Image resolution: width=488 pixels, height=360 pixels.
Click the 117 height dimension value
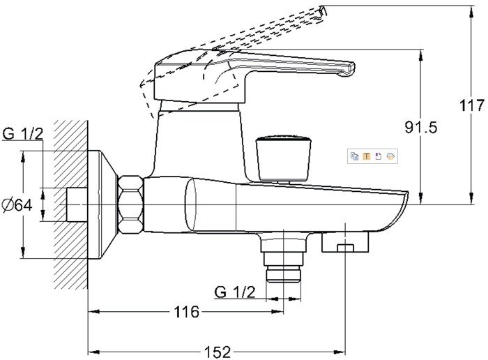point(472,106)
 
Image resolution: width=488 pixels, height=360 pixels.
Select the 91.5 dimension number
point(421,128)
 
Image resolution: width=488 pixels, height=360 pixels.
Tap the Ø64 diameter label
point(17,205)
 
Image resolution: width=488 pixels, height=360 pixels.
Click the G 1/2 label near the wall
point(22,134)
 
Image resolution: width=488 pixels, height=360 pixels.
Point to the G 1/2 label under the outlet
point(235,292)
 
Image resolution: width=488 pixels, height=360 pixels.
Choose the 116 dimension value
point(186,312)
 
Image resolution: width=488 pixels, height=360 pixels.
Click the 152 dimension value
point(218,352)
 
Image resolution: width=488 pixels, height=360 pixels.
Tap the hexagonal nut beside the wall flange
point(131,204)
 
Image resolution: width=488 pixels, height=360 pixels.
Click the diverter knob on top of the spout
point(283,157)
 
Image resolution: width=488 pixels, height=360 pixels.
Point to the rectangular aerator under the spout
point(345,241)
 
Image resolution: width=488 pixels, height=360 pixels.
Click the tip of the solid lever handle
point(351,69)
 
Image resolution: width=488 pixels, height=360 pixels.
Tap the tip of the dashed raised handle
point(322,13)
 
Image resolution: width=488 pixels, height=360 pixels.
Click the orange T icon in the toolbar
point(366,156)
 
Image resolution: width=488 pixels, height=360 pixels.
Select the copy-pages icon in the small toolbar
point(354,156)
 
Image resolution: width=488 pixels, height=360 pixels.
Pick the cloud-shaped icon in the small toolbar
point(390,156)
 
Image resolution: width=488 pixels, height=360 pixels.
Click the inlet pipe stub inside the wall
point(77,204)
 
